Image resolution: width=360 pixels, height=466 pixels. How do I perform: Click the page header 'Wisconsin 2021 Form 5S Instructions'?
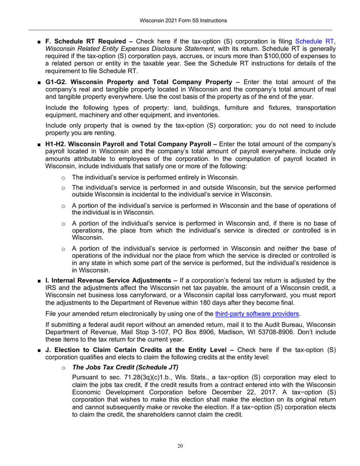pyautogui.click(x=180, y=20)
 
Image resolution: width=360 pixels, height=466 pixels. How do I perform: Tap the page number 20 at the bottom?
pyautogui.click(x=180, y=446)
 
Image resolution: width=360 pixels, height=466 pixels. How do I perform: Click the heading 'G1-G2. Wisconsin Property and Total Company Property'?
pyautogui.click(x=138, y=82)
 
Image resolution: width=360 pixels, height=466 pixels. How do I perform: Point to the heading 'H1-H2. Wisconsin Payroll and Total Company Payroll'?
pyautogui.click(x=128, y=144)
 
